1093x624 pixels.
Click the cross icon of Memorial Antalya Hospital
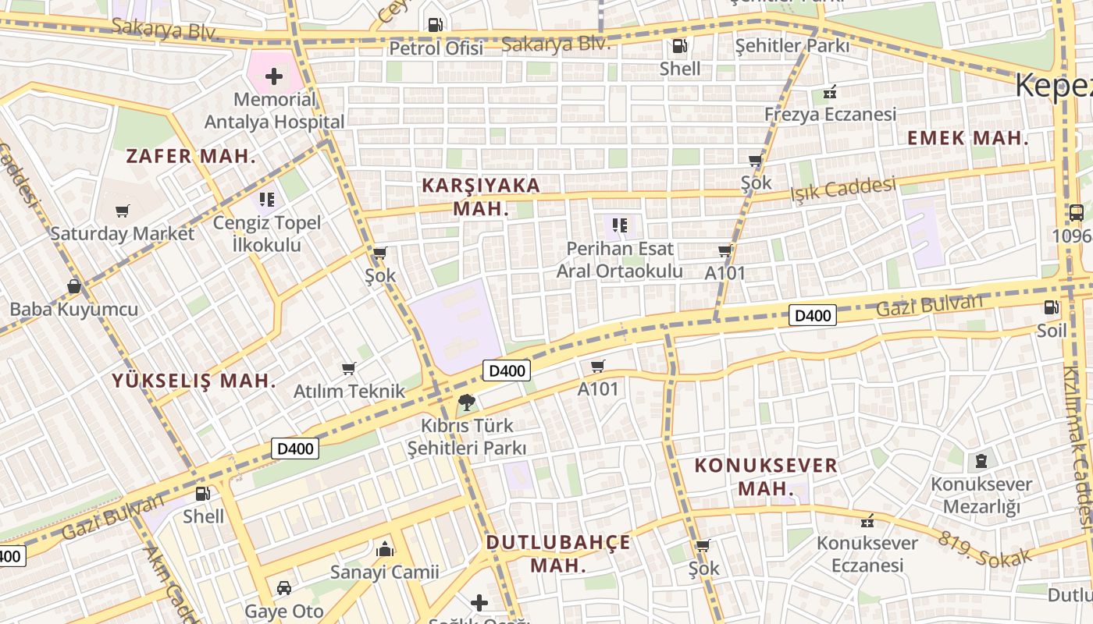click(274, 76)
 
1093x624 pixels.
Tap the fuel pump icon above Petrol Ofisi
click(436, 25)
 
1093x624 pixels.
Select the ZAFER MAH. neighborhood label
click(190, 156)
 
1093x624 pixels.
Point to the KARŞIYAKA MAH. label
click(480, 197)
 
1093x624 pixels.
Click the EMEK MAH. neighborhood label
click(967, 139)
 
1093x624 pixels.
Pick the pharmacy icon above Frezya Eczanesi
click(829, 93)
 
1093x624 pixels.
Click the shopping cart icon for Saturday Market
click(122, 211)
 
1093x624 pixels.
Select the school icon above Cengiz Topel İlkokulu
click(267, 200)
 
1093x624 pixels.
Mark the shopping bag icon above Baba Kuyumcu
click(73, 286)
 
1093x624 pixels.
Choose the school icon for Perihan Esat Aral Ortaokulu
click(620, 226)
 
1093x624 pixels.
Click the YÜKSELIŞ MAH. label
click(194, 381)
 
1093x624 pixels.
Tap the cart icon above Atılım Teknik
click(349, 368)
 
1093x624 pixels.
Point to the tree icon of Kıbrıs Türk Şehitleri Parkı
click(467, 402)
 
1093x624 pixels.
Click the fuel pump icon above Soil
click(1052, 307)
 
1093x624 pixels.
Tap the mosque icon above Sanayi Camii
click(384, 549)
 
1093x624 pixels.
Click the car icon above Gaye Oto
click(284, 587)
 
